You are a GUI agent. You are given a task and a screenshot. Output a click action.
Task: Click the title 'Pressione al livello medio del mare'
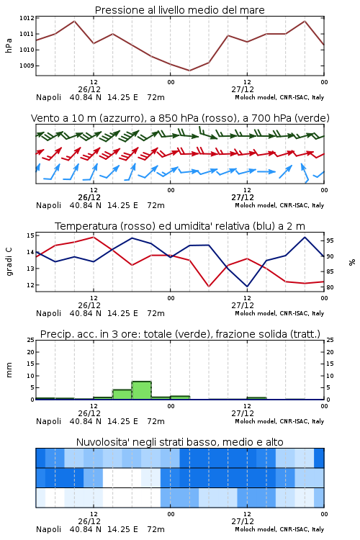pos(179,10)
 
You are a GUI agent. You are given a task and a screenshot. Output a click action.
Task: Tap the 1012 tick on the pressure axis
pos(27,18)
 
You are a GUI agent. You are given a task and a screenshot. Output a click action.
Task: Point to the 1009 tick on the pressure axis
pos(27,66)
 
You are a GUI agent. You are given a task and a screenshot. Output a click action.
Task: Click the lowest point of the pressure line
pos(189,71)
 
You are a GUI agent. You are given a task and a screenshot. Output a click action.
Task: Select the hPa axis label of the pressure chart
pos(9,45)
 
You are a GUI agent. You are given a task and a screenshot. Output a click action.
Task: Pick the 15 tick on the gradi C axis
pos(30,235)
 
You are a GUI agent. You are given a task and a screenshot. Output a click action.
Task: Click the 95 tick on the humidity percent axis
pos(330,240)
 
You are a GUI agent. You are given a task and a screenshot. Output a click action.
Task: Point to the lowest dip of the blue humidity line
pos(247,287)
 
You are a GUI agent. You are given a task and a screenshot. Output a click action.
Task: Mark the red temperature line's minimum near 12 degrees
pos(209,286)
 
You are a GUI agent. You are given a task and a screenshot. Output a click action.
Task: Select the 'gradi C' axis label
pos(9,261)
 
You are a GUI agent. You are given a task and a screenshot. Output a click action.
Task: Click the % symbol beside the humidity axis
pos(352,262)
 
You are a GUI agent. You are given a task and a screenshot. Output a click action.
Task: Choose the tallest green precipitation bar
pos(142,390)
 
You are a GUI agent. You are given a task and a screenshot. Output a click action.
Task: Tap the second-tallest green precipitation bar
pos(122,395)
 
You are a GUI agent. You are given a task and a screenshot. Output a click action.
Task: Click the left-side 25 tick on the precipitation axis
pos(30,340)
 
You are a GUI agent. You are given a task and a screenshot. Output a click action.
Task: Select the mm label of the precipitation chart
pos(9,370)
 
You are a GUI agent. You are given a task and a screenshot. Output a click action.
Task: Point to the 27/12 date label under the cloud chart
pos(243,521)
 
